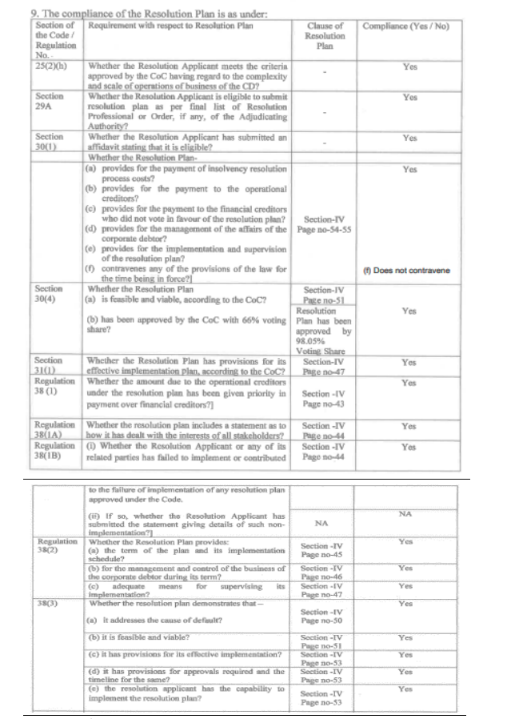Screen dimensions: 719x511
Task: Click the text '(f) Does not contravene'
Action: [405, 271]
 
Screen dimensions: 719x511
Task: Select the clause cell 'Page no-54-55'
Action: [325, 228]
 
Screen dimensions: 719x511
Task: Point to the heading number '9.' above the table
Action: [11, 12]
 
